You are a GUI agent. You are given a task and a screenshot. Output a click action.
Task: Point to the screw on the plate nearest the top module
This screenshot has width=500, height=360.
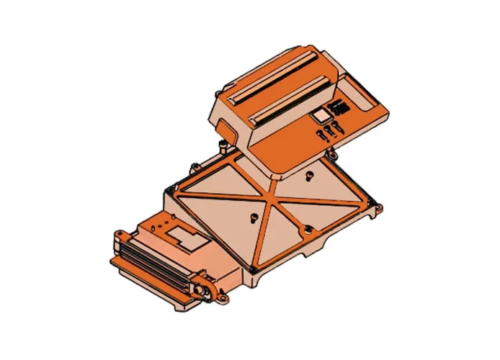click(x=307, y=174)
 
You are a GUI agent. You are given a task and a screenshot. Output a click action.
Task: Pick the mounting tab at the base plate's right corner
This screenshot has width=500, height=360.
click(x=375, y=208)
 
